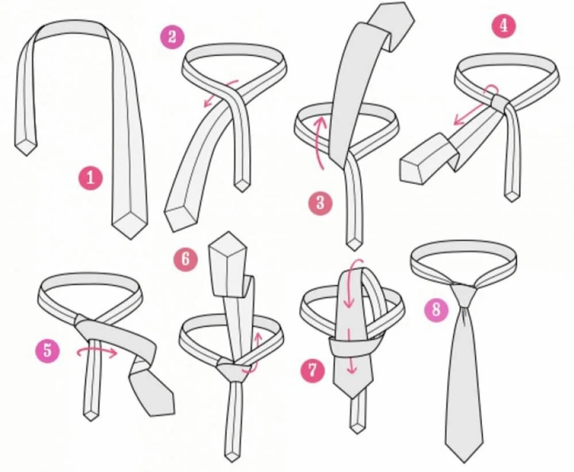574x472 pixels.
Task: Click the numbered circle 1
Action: coord(90,178)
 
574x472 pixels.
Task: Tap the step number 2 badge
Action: coord(172,37)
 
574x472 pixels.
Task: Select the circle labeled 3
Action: coord(320,202)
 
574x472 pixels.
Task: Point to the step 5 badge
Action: coord(48,350)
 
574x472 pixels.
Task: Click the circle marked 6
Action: coord(185,260)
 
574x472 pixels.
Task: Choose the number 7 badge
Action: coord(313,370)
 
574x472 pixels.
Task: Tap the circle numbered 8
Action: coord(436,310)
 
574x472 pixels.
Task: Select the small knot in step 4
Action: coord(501,103)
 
